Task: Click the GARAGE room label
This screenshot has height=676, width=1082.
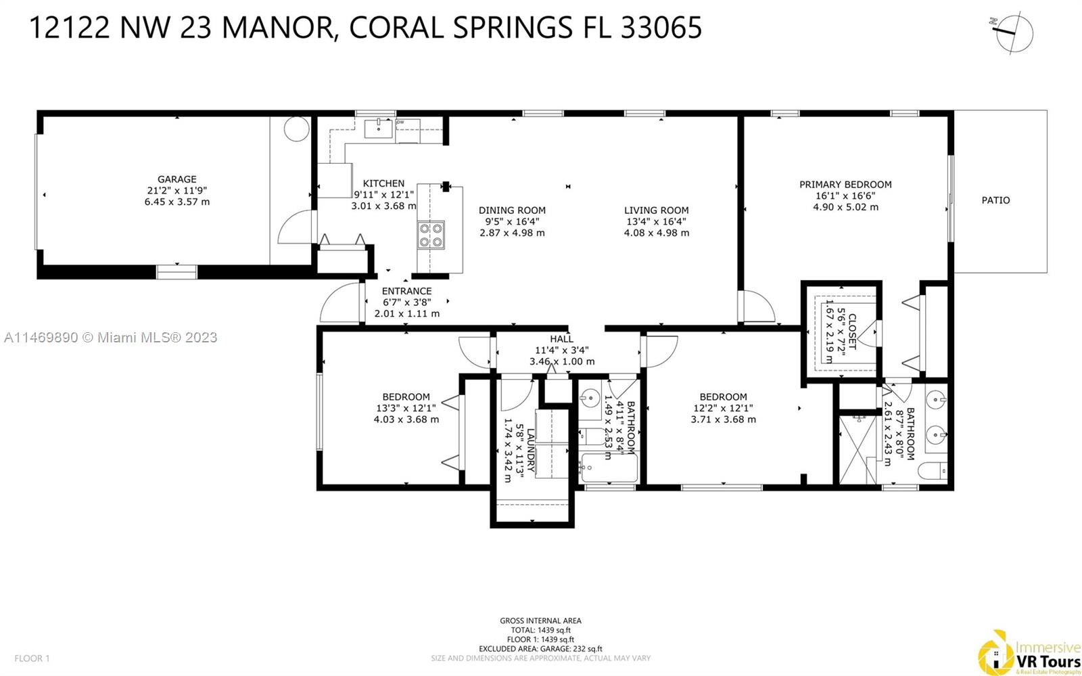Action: (x=177, y=179)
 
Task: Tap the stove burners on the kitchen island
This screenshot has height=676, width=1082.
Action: (x=431, y=235)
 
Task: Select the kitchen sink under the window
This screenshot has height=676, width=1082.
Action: (x=378, y=129)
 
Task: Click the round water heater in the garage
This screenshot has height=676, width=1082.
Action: (x=296, y=129)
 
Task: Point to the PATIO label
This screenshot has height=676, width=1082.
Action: (x=995, y=200)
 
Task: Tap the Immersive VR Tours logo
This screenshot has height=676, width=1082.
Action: (x=1029, y=653)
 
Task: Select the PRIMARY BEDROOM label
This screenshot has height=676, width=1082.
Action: (x=845, y=185)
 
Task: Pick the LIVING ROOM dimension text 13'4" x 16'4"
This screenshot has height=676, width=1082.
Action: (x=657, y=221)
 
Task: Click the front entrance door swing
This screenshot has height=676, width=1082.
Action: (x=340, y=303)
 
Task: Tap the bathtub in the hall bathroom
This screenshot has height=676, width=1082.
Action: (x=609, y=467)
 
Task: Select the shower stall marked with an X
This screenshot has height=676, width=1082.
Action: (x=857, y=449)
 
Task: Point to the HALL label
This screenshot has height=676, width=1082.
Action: (x=561, y=339)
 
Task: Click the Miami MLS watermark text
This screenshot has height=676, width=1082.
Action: (x=111, y=337)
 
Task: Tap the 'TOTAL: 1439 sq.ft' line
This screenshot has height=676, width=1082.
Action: (x=540, y=630)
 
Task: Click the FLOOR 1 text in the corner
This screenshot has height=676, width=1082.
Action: (x=32, y=658)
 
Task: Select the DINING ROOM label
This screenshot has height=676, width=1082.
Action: (x=512, y=210)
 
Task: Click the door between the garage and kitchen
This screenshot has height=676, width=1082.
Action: (x=297, y=227)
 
